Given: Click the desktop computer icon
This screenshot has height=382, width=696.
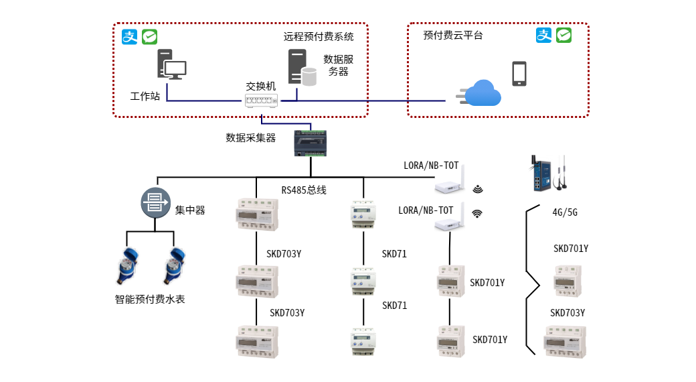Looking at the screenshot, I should coord(171,65).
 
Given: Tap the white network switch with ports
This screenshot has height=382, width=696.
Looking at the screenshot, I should coord(261,101).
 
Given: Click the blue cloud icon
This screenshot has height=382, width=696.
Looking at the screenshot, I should coord(483,94).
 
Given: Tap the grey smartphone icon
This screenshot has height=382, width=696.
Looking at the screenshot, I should coord(519,74).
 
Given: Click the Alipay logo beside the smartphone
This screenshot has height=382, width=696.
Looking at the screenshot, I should coord(543,36).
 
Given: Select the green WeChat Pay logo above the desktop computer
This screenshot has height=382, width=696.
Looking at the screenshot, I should coord(149,37).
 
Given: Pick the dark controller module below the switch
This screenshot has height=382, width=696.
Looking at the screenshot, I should coord(311,143).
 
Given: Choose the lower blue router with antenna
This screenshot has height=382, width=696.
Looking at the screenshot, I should coord(450,218).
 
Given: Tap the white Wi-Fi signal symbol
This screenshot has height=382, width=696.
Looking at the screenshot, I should coord(477,214).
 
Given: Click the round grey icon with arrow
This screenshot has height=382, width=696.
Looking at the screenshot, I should coord(155,202).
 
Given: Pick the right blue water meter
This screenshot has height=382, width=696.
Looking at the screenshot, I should coord(174,265).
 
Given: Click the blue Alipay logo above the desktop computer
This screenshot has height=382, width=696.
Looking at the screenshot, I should coord(129,37).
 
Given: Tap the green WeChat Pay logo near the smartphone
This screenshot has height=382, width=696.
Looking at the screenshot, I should coord(564,36).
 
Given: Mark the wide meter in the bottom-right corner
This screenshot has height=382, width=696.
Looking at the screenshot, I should coord(565,342).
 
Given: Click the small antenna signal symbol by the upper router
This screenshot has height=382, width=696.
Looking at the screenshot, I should coord(477,189).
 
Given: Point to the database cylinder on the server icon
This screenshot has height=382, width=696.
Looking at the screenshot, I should coord(309,76).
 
